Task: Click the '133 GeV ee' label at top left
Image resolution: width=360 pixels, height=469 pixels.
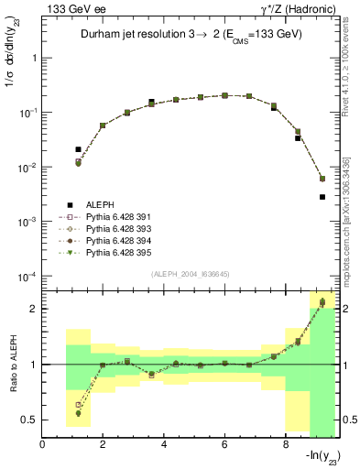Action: (70, 9)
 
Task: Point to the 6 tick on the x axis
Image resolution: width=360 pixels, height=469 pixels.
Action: (224, 446)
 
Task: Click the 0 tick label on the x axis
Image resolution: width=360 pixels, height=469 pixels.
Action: (42, 446)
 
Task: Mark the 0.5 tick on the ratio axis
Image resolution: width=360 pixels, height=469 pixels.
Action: (31, 420)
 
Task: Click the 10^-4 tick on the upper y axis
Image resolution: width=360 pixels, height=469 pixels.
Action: (28, 278)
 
